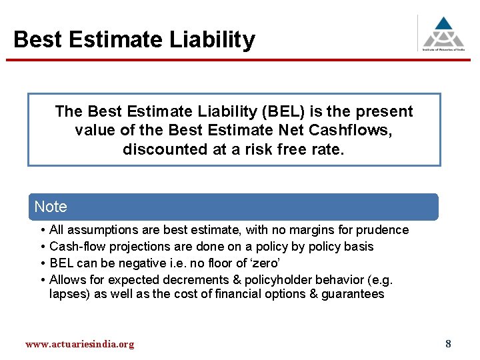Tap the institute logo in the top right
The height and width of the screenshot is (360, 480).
pyautogui.click(x=443, y=32)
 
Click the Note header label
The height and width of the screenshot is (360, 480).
pyautogui.click(x=51, y=207)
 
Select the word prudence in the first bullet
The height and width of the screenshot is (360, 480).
pyautogui.click(x=383, y=230)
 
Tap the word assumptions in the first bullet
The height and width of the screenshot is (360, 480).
pyautogui.click(x=99, y=230)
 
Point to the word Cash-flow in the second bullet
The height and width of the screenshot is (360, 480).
pyautogui.click(x=76, y=247)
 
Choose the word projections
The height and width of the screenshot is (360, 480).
pyautogui.click(x=134, y=247)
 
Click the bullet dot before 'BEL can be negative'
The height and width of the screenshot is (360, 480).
pyautogui.click(x=42, y=263)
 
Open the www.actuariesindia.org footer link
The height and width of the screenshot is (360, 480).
pyautogui.click(x=79, y=344)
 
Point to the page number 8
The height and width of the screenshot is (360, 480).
pyautogui.click(x=448, y=344)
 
